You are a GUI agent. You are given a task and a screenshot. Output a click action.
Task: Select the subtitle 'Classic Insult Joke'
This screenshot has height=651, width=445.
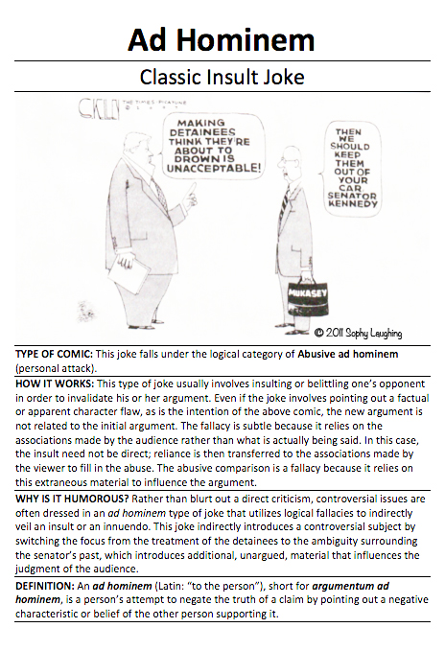[222, 77]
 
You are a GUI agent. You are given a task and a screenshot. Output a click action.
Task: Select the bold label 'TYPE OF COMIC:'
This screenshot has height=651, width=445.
[52, 354]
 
